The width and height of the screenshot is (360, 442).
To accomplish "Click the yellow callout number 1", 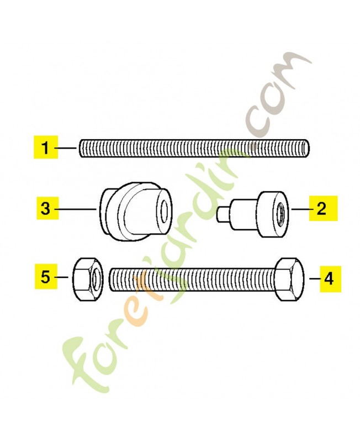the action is [46, 147].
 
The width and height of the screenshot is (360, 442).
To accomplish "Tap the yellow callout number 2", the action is [323, 208].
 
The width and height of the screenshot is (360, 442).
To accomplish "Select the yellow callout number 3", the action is [47, 208].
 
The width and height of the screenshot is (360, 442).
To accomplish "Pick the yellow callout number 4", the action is [330, 278].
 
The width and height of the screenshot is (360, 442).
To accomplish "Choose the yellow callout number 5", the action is [46, 277].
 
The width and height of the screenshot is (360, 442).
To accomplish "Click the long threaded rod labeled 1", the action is [195, 148].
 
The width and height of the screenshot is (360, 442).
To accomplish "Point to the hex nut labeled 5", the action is [88, 279].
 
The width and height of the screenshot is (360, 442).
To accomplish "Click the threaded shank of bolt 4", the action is [192, 280].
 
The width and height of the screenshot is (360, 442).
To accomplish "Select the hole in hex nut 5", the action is [97, 279].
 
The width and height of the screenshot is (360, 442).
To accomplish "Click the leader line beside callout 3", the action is [76, 209].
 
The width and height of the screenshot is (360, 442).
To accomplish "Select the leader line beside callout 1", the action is [65, 148].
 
